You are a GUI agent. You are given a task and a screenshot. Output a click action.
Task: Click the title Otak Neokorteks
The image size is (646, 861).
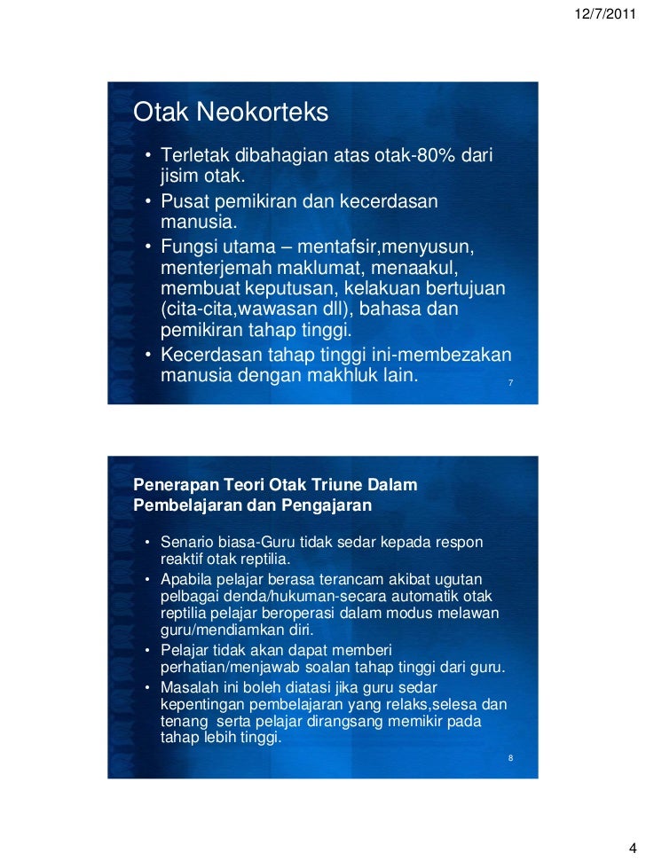(x=230, y=113)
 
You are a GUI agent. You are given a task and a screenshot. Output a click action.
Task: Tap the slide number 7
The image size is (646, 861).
(x=511, y=383)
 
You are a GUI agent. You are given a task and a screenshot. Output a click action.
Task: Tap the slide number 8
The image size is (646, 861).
(x=511, y=759)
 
